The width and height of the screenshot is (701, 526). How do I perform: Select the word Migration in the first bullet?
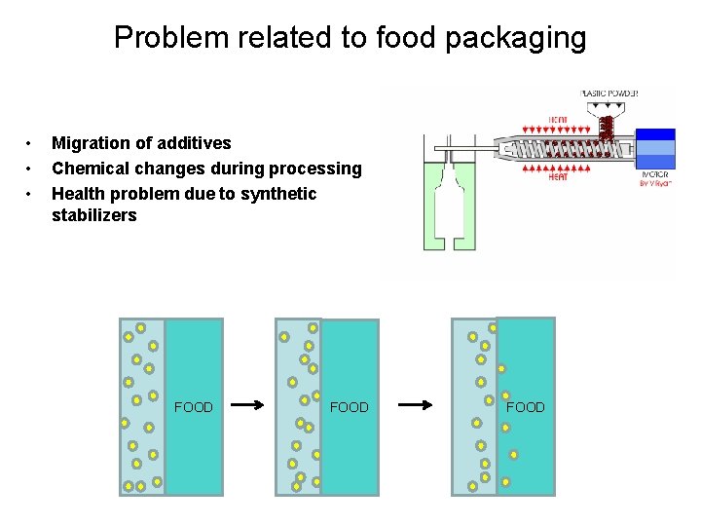(x=93, y=143)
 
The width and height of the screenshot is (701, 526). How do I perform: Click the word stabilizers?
(x=94, y=215)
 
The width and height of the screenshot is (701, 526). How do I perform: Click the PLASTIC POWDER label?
(x=609, y=94)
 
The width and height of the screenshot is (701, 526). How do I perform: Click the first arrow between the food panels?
(x=248, y=405)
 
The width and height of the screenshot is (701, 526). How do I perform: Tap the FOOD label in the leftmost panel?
(x=194, y=407)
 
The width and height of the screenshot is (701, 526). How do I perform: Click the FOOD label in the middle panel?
(x=350, y=407)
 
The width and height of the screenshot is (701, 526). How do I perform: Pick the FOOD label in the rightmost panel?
(x=526, y=407)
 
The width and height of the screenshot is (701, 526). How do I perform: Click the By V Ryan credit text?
(x=656, y=183)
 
